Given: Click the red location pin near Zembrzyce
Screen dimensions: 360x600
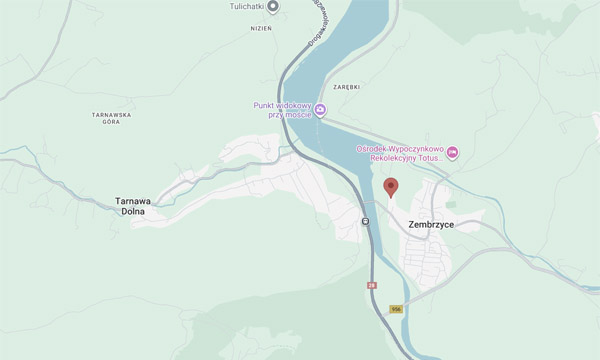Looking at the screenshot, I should [391, 187].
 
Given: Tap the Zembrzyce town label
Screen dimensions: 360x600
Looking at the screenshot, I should [431, 225].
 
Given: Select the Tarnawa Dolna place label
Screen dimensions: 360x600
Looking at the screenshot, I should [132, 205].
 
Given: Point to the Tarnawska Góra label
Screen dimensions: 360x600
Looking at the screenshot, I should [111, 119].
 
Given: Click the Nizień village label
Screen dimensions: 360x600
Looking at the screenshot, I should [233, 29].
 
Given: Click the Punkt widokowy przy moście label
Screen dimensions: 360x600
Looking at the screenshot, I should [283, 109].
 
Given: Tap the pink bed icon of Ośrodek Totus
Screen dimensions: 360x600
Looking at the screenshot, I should [452, 152].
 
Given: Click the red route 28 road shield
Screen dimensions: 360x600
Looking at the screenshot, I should [371, 286].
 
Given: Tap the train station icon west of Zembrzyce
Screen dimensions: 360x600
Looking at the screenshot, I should [365, 222].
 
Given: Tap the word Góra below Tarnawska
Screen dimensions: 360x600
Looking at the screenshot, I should [111, 123].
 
